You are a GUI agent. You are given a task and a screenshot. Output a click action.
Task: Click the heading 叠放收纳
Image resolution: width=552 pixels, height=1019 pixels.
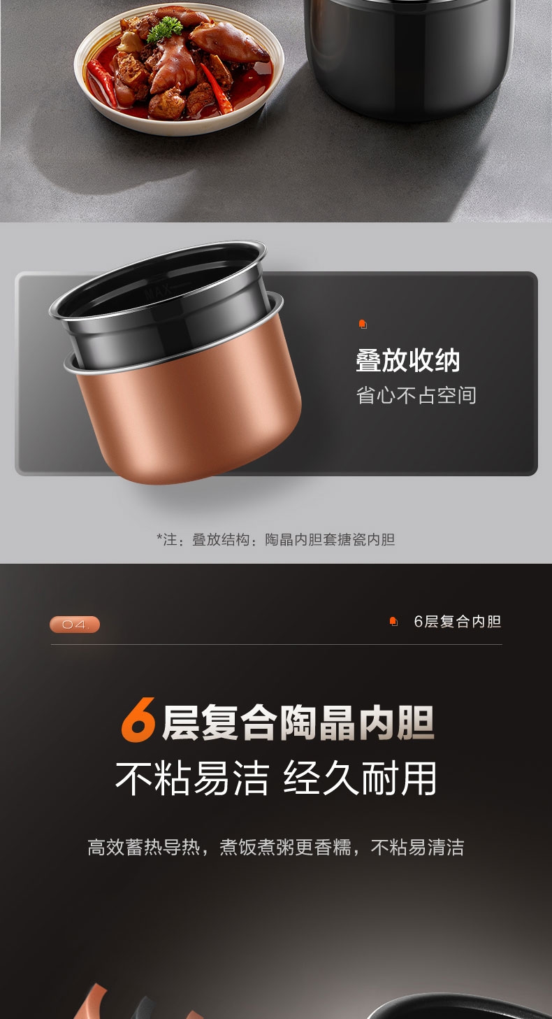click(x=407, y=360)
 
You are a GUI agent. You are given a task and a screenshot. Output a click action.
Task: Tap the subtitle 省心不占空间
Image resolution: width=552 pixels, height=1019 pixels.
click(x=416, y=395)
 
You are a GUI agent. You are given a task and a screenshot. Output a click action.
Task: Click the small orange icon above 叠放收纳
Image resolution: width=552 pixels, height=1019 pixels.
click(x=363, y=325)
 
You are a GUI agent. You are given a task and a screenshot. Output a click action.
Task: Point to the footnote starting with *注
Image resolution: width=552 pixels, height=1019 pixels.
click(x=276, y=539)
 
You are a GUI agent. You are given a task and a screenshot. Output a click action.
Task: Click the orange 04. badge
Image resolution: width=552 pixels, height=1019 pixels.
click(x=75, y=625)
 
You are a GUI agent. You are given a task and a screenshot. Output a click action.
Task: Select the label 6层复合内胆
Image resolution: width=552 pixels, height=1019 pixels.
click(x=458, y=622)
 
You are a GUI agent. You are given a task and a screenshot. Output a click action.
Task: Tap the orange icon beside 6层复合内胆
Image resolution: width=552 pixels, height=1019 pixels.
click(x=393, y=622)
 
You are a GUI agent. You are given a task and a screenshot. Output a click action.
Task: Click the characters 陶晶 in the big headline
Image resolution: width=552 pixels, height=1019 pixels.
click(x=317, y=722)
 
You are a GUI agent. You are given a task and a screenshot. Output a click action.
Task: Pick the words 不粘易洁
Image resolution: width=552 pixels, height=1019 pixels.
click(x=192, y=778)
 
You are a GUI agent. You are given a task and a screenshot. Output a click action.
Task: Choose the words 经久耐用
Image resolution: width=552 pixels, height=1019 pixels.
click(x=360, y=778)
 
